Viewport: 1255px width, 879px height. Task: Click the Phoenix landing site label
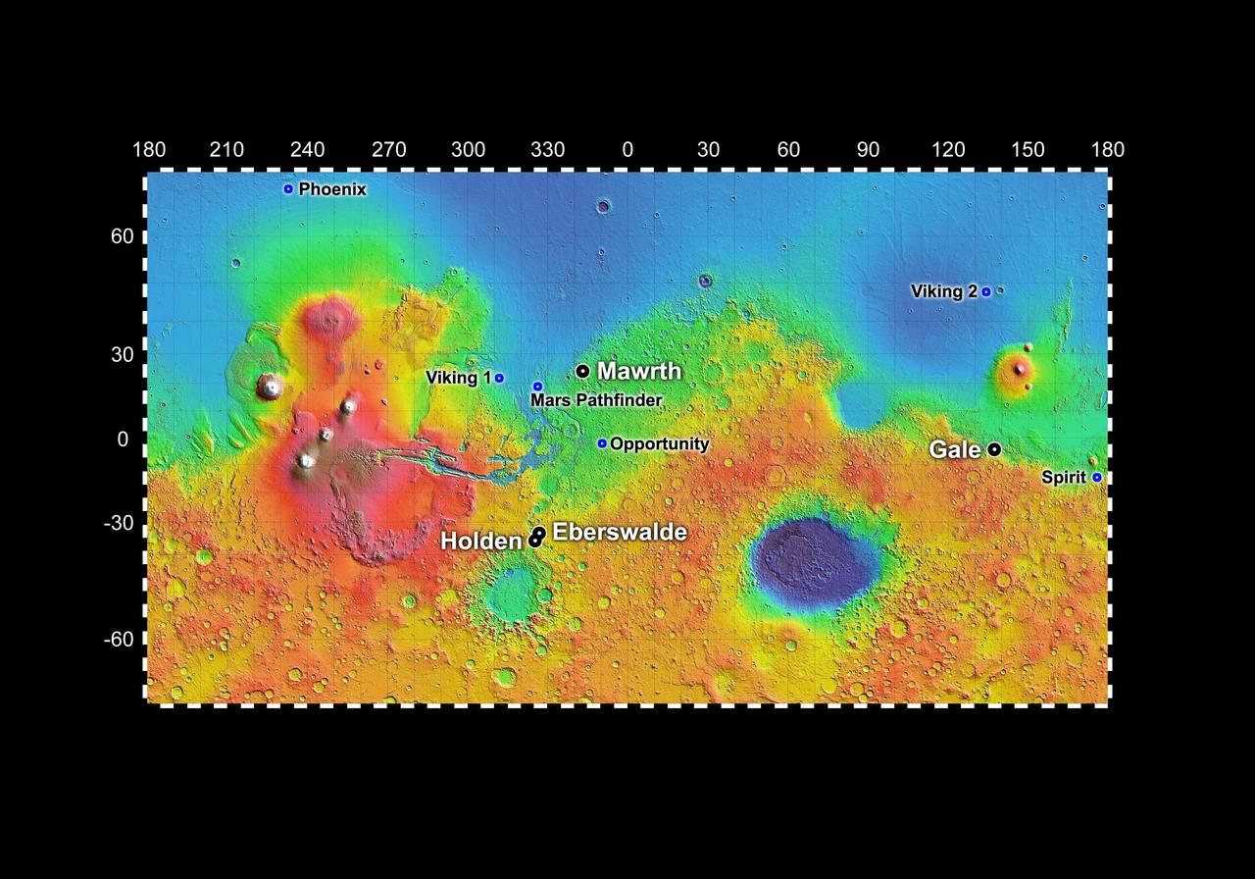pos(332,189)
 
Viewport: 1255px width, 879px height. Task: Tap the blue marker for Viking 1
pos(499,378)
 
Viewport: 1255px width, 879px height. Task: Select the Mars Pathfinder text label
pos(596,400)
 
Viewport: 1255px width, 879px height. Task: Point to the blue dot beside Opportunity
pos(602,443)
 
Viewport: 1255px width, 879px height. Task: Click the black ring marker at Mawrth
pos(582,371)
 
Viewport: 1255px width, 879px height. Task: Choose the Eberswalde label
pos(620,532)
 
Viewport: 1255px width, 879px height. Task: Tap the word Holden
pos(480,542)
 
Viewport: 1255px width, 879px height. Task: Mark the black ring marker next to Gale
pos(994,449)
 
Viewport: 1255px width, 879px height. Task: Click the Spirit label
pos(1064,478)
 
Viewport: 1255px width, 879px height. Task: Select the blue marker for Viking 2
pos(986,291)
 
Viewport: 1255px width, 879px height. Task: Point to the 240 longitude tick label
pos(308,150)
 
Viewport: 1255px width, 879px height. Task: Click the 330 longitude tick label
pos(548,150)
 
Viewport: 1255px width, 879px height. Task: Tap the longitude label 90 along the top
pos(868,150)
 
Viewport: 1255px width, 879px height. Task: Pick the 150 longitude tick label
pos(1028,150)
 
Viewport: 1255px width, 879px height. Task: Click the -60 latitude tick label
pos(120,640)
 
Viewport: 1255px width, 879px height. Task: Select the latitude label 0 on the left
pos(123,439)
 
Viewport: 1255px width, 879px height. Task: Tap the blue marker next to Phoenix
pos(288,189)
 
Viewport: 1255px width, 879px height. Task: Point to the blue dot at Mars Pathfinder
pos(537,387)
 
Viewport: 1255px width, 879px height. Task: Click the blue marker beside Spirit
pos(1097,478)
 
